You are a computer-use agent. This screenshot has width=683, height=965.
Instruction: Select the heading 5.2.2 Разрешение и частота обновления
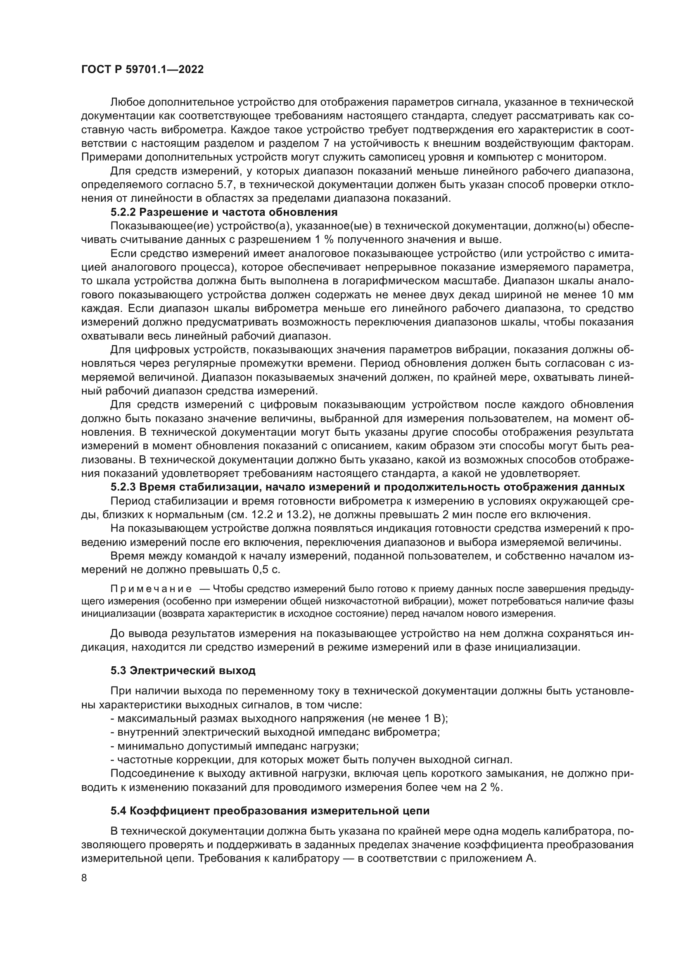coord(224,212)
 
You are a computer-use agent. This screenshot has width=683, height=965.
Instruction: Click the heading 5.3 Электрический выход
coord(183,670)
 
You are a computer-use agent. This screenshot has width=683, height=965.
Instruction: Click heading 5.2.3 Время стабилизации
coord(367,487)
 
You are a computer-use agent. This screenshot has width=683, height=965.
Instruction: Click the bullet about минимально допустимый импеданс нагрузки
coord(234,746)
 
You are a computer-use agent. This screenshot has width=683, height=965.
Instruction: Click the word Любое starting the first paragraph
coord(128,102)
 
